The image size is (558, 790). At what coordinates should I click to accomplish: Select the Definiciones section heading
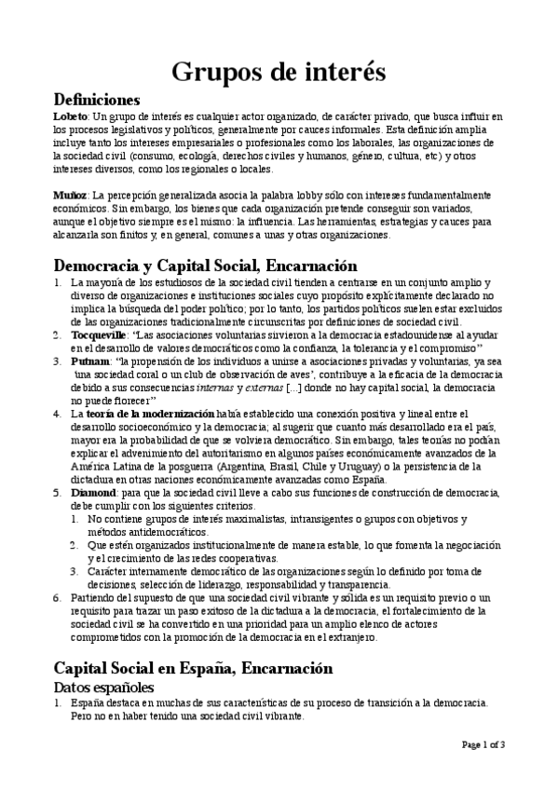coord(97,100)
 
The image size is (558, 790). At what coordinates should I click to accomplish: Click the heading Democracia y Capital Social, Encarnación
coord(205,266)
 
